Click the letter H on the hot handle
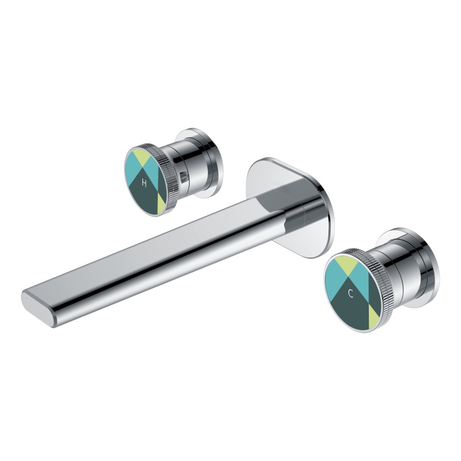pyautogui.click(x=144, y=183)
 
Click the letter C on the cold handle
pyautogui.click(x=350, y=293)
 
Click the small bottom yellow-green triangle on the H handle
pyautogui.click(x=161, y=201)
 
